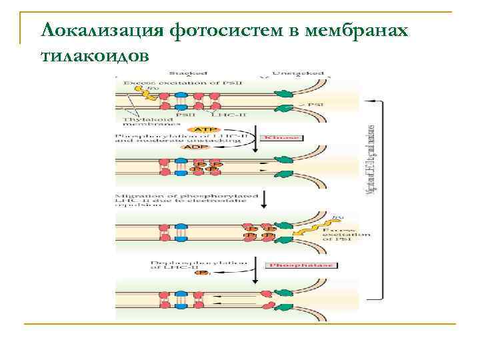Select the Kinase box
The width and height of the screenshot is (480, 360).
[x=283, y=138]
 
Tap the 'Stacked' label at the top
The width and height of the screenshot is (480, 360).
[x=183, y=73]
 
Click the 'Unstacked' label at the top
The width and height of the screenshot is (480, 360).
[x=297, y=73]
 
